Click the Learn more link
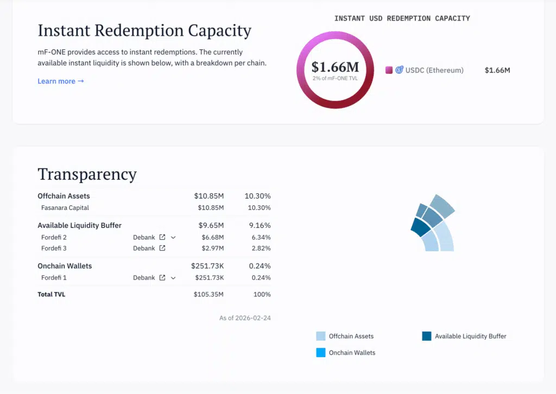point(60,81)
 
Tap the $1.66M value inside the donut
point(335,67)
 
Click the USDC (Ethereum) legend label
point(434,70)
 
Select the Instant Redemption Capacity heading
point(144,30)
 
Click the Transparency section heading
point(87,174)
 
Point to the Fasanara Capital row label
point(65,208)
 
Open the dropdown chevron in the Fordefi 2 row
point(173,237)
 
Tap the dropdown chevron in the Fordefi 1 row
point(173,278)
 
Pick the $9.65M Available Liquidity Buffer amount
point(208,225)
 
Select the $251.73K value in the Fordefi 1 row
point(209,278)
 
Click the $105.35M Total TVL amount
point(208,295)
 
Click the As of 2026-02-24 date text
point(245,318)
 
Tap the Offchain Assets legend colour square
point(321,336)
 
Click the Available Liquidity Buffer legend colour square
point(427,336)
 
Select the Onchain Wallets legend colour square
point(321,353)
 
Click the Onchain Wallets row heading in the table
point(65,266)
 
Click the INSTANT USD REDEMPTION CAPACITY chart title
point(402,18)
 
